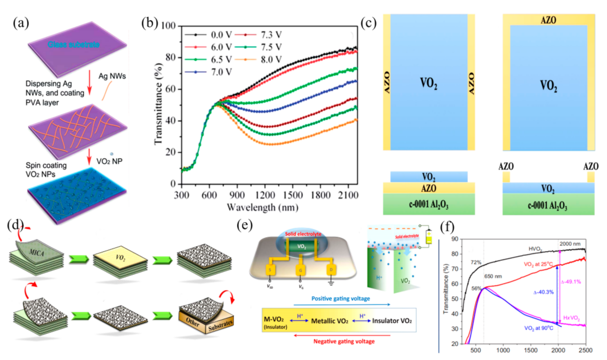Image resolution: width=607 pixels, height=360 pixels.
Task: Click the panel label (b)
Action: [150, 23]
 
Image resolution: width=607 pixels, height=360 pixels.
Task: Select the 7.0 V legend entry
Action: [221, 72]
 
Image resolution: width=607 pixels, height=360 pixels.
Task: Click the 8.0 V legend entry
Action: [271, 60]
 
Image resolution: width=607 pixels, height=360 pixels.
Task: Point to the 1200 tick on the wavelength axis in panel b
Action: [265, 195]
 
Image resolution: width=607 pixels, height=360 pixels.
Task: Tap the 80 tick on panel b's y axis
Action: [170, 57]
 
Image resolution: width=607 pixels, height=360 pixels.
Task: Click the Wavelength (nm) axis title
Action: [262, 207]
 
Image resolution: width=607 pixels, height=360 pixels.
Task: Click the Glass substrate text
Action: [74, 44]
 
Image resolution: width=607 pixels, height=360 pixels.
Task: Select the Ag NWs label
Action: [112, 76]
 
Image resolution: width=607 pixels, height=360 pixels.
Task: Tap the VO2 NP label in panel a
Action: [109, 161]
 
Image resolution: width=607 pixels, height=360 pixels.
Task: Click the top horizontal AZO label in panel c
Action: [548, 20]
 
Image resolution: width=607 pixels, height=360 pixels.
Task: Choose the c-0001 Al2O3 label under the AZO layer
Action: [428, 204]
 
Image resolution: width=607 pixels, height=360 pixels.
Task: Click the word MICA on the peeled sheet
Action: [36, 253]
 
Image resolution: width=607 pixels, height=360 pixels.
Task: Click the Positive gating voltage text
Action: [340, 298]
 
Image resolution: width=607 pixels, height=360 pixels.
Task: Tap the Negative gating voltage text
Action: [344, 341]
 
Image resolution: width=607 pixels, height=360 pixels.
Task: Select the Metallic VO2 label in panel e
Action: [330, 321]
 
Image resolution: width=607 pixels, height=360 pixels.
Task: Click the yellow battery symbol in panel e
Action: [428, 237]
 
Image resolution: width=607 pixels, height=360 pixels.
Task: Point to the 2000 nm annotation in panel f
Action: [570, 244]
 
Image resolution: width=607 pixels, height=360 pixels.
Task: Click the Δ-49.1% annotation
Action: [571, 282]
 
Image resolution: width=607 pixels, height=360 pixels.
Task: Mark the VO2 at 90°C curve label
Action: [538, 328]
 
